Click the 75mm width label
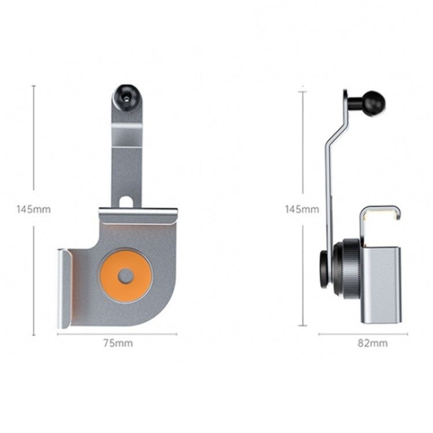pos(118,343)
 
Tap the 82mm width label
pos(372,343)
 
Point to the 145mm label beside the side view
pos(301,209)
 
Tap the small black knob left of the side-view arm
pos(324,268)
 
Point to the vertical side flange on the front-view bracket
pos(64,289)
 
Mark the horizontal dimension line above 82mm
pos(363,334)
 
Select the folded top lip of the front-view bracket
pos(139,214)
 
